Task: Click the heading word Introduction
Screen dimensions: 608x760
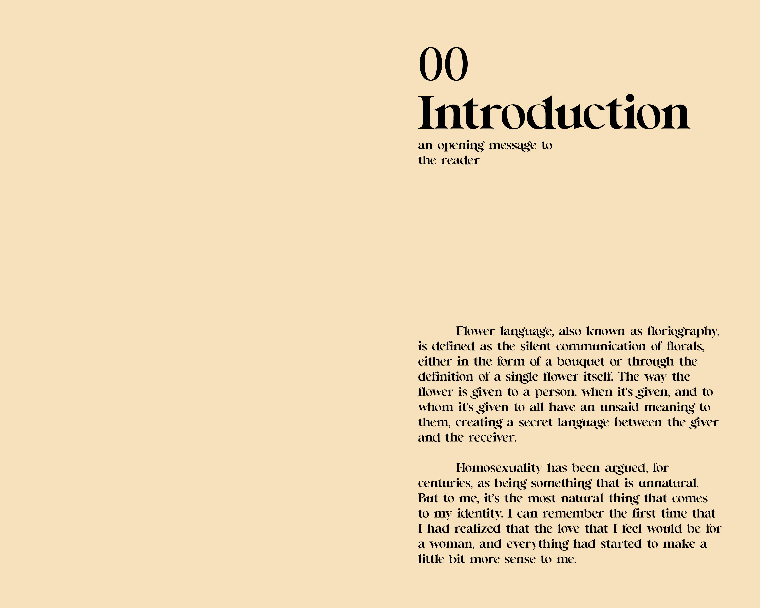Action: click(554, 113)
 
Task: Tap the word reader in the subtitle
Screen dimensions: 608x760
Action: click(460, 161)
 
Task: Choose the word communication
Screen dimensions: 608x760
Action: click(601, 347)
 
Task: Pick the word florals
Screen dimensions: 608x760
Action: click(685, 347)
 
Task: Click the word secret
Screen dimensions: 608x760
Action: click(536, 423)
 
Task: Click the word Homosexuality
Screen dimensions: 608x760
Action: click(499, 468)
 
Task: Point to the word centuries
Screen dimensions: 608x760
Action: click(445, 483)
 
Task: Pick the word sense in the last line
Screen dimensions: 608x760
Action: click(520, 560)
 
